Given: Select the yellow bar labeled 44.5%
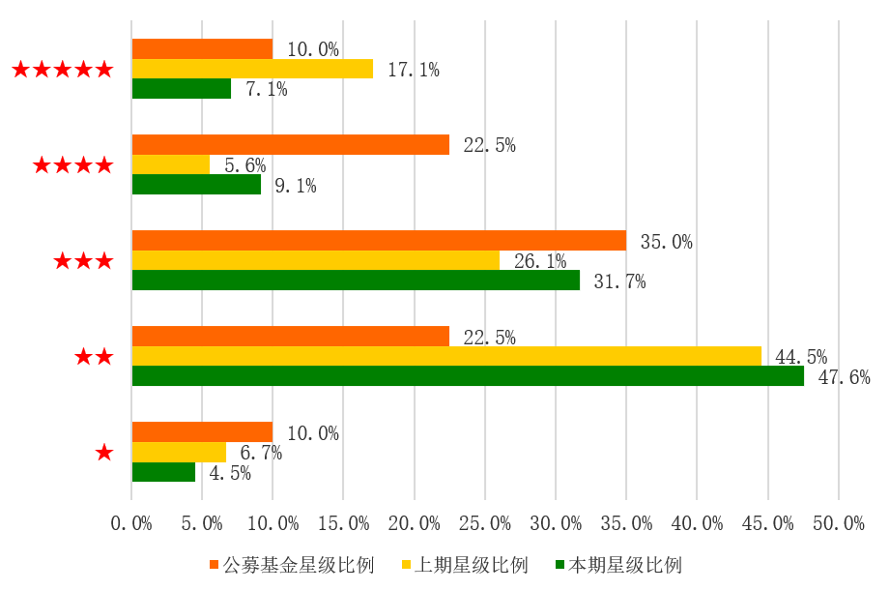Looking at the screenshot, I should (x=446, y=356).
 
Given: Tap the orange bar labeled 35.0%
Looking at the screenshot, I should (x=379, y=241).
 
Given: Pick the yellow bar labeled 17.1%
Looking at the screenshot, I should (x=252, y=69).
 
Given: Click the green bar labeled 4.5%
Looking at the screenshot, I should (x=163, y=472).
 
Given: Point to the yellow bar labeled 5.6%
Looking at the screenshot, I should (x=171, y=164).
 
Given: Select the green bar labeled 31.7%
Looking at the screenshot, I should (x=356, y=281).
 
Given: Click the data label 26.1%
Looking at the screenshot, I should (x=540, y=262).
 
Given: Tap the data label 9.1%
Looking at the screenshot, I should (x=295, y=186).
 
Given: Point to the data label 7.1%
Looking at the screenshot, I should (x=266, y=90).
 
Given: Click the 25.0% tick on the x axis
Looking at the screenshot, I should (x=485, y=524).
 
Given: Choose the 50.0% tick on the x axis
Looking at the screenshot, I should (x=839, y=524).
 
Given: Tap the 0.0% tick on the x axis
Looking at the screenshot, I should (x=132, y=524).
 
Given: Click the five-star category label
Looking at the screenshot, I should (x=63, y=70).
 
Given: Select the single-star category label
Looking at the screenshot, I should (x=104, y=453).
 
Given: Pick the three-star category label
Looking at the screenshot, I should (x=84, y=261).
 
